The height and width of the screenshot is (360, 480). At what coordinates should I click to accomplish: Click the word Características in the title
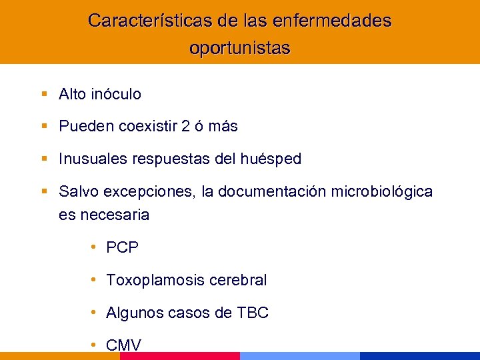click(151, 21)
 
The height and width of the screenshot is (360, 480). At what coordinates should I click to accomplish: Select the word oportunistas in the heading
click(240, 49)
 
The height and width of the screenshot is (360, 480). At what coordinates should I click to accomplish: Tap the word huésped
click(273, 159)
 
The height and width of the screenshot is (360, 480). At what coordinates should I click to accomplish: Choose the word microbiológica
click(385, 192)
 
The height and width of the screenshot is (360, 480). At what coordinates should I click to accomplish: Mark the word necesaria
click(113, 215)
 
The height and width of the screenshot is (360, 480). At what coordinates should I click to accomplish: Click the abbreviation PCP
click(122, 248)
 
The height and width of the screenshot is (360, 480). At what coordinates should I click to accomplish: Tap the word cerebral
click(238, 281)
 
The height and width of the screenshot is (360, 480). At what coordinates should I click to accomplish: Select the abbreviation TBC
click(253, 313)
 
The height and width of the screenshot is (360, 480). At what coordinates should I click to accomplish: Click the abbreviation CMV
click(123, 345)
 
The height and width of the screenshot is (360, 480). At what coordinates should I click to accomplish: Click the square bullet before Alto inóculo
click(44, 95)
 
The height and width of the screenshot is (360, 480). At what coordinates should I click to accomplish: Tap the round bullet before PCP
click(95, 248)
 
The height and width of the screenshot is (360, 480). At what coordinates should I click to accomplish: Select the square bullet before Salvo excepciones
click(44, 192)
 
